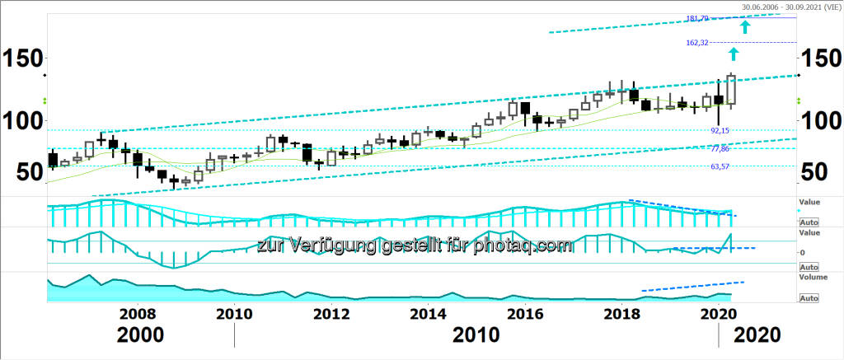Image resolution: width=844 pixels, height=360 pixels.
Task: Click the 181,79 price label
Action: pyautogui.click(x=697, y=18)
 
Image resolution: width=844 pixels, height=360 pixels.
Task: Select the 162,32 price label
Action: pyautogui.click(x=697, y=43)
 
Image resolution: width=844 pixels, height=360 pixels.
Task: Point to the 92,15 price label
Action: pyautogui.click(x=720, y=131)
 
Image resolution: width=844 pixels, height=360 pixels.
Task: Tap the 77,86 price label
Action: pyautogui.click(x=720, y=148)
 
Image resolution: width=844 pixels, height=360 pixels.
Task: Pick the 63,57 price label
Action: pyautogui.click(x=720, y=166)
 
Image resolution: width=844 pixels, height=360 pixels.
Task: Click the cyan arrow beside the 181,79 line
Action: pyautogui.click(x=745, y=27)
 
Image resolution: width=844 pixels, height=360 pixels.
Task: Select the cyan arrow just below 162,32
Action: pyautogui.click(x=734, y=54)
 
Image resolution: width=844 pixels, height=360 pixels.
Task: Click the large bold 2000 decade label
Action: pyautogui.click(x=140, y=335)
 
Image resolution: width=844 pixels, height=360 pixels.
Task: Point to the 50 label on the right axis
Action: pyautogui.click(x=816, y=172)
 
